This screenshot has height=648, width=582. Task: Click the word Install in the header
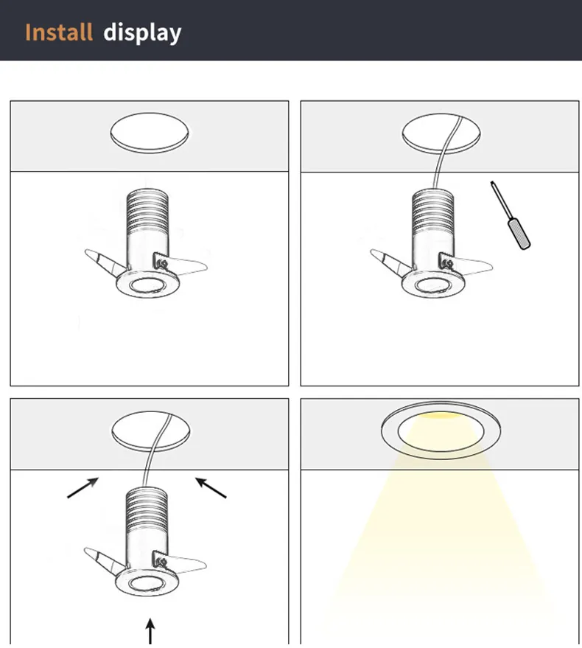click(59, 32)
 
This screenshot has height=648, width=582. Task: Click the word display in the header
click(142, 33)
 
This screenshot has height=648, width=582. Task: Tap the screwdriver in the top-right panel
click(511, 215)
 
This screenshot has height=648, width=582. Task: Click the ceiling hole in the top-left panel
click(150, 133)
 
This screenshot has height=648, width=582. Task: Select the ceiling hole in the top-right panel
click(441, 134)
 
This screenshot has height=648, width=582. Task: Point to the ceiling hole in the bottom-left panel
click(151, 431)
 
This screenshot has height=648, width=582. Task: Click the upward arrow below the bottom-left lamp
click(150, 630)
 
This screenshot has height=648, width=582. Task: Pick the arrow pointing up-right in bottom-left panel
click(83, 487)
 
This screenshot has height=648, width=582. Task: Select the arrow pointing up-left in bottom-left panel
click(211, 487)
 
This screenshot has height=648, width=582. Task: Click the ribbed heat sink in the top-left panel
click(147, 210)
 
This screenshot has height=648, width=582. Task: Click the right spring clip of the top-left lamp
click(180, 264)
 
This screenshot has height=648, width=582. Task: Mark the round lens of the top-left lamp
click(147, 285)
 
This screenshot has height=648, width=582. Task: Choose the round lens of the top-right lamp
click(433, 285)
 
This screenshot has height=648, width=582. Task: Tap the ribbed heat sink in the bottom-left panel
click(147, 509)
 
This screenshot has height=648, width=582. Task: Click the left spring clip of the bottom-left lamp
click(105, 561)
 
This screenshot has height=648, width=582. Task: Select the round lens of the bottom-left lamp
click(146, 584)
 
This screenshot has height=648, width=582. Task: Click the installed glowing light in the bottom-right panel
click(441, 431)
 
